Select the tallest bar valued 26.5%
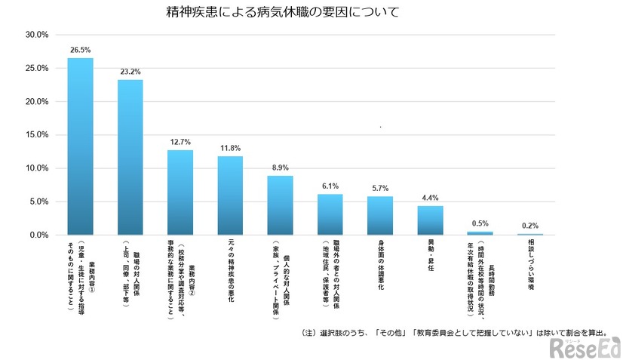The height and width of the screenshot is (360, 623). [81, 146]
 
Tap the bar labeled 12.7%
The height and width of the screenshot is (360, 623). [180, 192]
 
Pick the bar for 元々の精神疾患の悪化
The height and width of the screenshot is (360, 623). [230, 195]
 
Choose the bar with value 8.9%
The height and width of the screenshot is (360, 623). [280, 205]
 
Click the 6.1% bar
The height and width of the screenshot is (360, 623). [330, 214]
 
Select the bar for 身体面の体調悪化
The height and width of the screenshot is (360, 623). [380, 216]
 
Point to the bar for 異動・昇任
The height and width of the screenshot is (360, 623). [430, 220]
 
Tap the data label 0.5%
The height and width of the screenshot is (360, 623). [480, 224]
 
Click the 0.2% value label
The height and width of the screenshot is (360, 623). [529, 225]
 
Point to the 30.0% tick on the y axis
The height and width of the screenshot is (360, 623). [37, 35]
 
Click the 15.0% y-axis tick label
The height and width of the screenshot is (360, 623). [37, 135]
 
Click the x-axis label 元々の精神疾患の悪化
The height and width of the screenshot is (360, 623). [230, 272]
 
